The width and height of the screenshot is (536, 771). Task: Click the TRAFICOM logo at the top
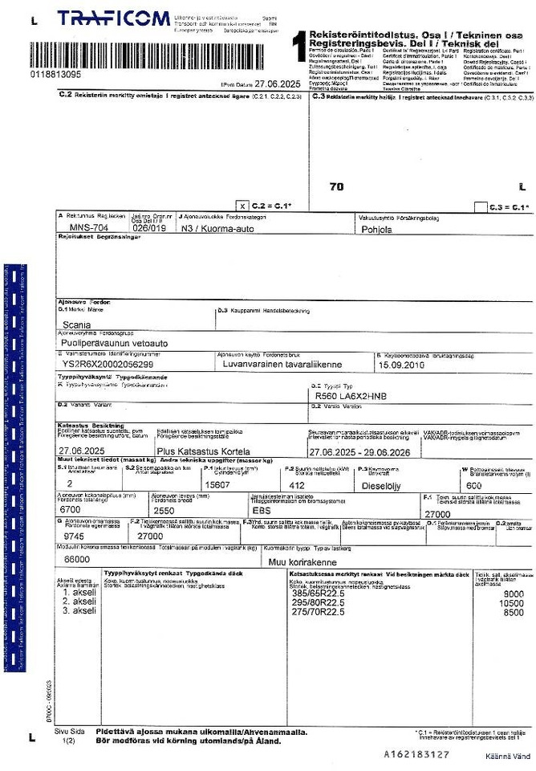point(113,18)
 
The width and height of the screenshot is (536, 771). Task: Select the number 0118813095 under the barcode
point(55,74)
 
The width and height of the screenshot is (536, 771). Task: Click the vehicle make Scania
point(79,326)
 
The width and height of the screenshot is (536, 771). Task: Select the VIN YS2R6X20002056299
point(108,364)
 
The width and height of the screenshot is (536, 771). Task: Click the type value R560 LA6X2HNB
point(351,397)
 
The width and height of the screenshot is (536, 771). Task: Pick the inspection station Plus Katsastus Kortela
point(203,451)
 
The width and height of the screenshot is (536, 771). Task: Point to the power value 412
point(297,485)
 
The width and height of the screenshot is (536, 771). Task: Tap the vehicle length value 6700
point(71,509)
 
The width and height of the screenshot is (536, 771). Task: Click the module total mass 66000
point(76,558)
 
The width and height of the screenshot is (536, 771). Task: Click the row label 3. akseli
point(79,611)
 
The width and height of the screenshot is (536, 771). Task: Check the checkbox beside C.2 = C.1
point(244,206)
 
